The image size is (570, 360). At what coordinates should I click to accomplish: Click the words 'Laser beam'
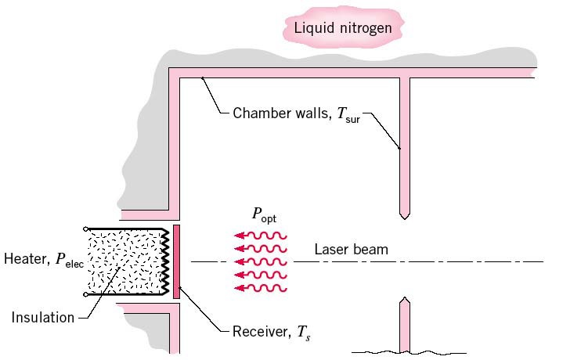pos(351,250)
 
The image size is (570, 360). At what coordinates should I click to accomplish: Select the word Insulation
pos(43,317)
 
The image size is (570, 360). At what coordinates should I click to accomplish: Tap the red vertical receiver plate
pos(178,261)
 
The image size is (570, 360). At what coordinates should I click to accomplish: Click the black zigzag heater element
pos(165,261)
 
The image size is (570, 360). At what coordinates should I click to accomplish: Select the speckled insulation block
pos(125,261)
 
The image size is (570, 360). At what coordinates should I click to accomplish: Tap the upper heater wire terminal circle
pos(85,229)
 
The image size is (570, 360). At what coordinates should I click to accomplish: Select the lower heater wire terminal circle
pos(85,295)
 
